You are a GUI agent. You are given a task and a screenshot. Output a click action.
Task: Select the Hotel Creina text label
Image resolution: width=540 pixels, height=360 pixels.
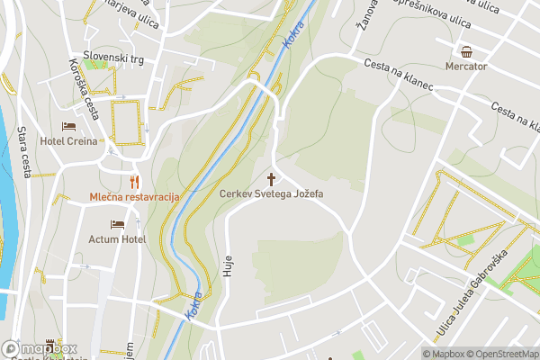69,141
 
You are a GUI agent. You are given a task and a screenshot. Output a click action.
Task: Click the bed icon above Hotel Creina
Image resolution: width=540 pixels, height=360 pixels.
69,127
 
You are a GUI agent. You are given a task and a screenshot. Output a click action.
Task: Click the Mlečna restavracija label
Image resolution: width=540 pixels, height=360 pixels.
134,196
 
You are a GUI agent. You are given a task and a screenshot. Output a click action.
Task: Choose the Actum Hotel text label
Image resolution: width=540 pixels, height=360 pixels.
117,239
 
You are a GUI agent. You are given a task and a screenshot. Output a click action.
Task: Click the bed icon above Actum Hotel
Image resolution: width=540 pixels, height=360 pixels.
117,225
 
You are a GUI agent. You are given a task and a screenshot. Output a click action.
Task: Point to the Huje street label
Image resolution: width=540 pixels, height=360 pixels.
227,265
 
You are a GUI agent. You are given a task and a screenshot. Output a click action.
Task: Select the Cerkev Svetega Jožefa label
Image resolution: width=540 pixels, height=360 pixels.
271,193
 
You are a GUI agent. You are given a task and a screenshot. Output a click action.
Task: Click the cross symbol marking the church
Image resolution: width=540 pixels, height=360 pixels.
271,178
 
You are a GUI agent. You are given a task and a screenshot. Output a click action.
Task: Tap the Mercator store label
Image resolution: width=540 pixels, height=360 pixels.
466,67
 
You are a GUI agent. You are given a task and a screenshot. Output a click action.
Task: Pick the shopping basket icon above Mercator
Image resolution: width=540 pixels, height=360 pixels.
466,51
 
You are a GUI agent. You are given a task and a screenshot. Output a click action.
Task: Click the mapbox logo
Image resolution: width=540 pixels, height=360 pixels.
40,348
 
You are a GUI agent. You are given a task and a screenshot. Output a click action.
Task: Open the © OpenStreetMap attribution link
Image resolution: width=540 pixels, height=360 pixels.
501,354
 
